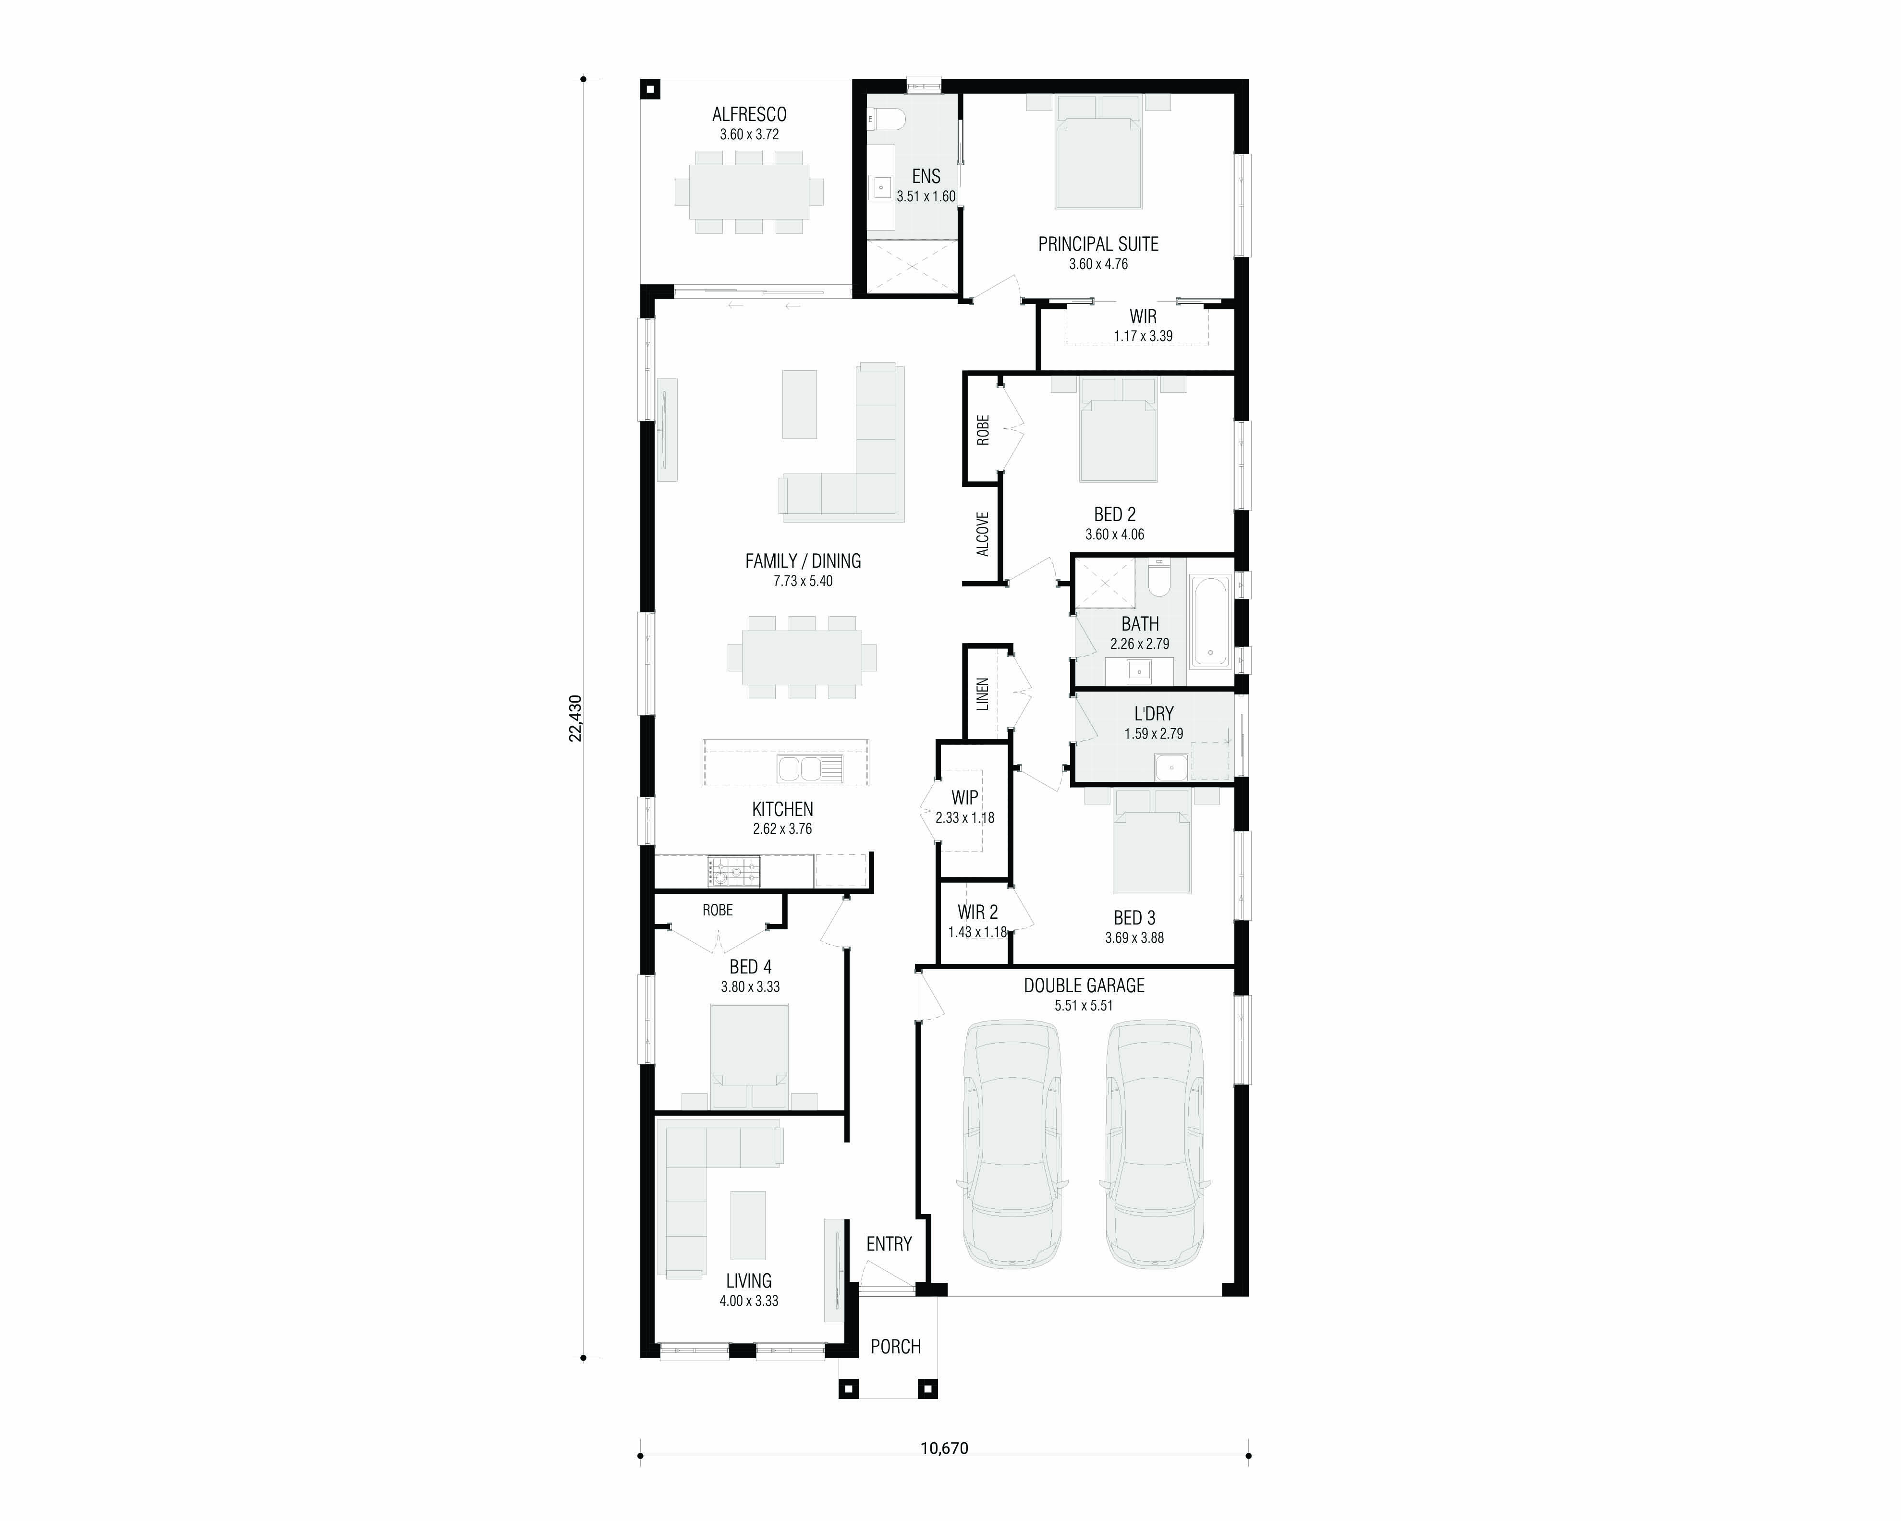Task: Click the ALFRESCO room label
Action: pos(749,115)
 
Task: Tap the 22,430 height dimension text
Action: pos(575,718)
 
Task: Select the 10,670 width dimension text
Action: pos(944,1448)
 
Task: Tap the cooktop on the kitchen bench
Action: pos(733,872)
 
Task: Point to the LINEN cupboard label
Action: pos(982,694)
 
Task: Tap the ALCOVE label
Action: pos(982,535)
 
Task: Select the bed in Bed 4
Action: pos(749,1056)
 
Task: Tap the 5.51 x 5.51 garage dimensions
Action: pos(1084,1005)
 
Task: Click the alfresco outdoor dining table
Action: pos(749,191)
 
